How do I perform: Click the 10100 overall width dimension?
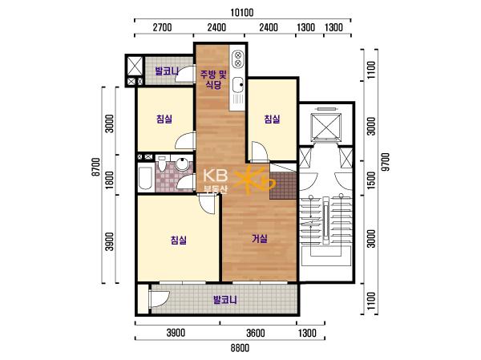[242, 13]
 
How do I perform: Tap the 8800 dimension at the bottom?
[240, 348]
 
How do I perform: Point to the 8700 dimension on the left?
[96, 167]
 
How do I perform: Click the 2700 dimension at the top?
[162, 27]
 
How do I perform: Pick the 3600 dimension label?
[255, 333]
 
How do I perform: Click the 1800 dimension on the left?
[109, 180]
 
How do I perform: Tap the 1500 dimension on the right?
[371, 180]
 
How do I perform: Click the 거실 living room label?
[260, 238]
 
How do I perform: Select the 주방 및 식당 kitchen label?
[213, 79]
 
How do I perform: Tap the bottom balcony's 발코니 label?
[225, 300]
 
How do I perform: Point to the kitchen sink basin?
[238, 85]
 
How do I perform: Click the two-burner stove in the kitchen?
[238, 59]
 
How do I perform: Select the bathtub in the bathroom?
[145, 178]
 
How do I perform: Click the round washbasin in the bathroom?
[183, 164]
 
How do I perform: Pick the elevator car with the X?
[325, 126]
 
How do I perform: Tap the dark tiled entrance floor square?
[283, 186]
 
